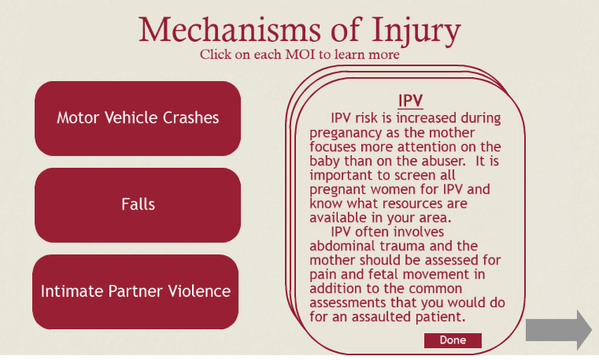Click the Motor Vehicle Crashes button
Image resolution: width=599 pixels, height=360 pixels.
[138, 118]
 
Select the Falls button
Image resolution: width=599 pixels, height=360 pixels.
[138, 205]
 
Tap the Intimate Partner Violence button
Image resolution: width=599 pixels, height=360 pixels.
[135, 291]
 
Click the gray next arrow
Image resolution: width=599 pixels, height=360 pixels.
[559, 330]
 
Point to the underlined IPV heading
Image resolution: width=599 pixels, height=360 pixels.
[410, 101]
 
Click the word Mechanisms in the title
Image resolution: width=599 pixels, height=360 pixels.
[230, 30]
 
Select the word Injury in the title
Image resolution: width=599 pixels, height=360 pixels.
[416, 32]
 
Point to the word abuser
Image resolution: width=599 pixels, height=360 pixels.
[443, 161]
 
